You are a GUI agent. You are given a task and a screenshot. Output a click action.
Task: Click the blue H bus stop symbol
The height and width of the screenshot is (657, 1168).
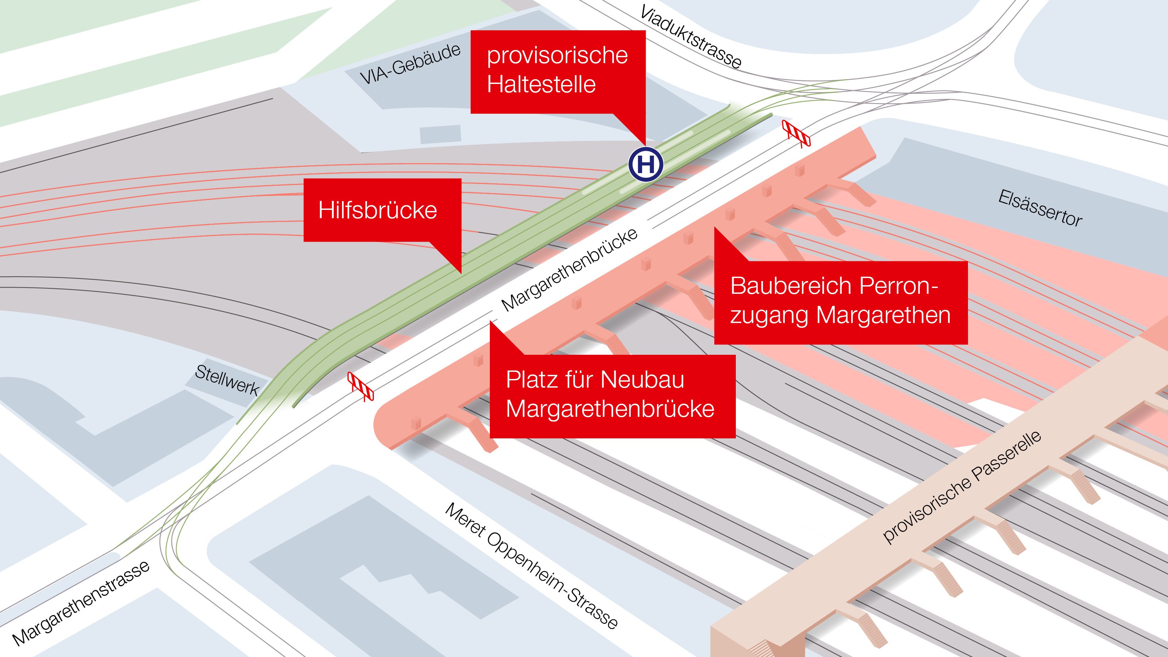646,165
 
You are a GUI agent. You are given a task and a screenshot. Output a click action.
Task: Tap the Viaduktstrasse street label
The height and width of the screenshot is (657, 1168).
691,37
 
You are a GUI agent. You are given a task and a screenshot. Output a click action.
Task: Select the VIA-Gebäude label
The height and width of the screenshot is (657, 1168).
410,64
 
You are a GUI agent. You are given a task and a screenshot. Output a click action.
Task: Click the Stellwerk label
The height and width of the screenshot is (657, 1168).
227,380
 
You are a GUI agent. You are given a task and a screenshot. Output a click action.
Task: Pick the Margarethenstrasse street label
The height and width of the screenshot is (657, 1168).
81,603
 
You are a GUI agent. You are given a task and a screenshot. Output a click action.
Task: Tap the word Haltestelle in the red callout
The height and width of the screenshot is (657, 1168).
541,84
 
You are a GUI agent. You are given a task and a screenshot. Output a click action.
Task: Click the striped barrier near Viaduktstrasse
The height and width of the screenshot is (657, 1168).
796,133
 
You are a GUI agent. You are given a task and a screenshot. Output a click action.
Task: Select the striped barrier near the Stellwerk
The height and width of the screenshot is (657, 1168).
361,386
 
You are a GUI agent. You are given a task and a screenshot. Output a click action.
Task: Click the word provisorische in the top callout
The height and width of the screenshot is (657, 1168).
557,56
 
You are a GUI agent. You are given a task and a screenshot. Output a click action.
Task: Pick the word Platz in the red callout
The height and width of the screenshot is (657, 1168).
532,380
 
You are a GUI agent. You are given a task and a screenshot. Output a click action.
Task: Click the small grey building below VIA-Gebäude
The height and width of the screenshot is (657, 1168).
440,135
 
